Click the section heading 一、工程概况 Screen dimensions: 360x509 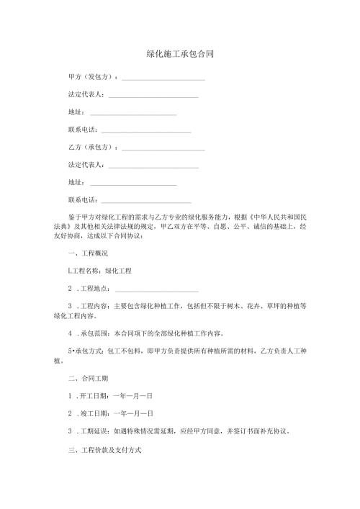[87, 253]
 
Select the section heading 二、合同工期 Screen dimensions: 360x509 [87, 377]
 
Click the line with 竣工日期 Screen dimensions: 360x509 [115, 413]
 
